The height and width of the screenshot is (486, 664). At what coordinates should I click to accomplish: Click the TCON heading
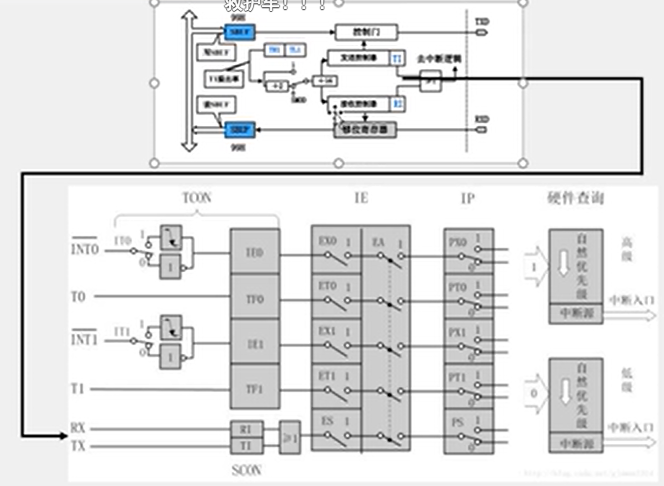[197, 198]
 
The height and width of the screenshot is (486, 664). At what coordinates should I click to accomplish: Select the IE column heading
[361, 198]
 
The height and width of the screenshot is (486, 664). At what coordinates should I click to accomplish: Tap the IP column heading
[468, 198]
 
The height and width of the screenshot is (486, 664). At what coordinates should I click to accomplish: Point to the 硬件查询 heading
[575, 198]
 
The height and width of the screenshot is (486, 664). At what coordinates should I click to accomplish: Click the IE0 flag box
[255, 253]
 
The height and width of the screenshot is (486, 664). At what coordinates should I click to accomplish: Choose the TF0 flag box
[255, 298]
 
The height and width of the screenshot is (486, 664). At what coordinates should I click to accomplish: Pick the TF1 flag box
[255, 389]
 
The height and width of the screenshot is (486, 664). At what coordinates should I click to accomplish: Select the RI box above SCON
[246, 429]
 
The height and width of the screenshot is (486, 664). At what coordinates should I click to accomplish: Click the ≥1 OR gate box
[290, 436]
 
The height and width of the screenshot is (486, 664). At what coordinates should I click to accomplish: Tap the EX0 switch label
[327, 241]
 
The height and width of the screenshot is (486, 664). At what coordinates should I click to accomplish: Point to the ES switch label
[327, 421]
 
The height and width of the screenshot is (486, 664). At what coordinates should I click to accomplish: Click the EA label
[378, 242]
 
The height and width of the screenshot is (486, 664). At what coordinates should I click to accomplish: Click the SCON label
[246, 470]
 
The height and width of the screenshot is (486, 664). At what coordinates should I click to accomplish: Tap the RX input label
[78, 428]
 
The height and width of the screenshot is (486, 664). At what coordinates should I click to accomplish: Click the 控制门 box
[366, 32]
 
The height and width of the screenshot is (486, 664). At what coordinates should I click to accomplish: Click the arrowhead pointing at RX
[63, 435]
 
